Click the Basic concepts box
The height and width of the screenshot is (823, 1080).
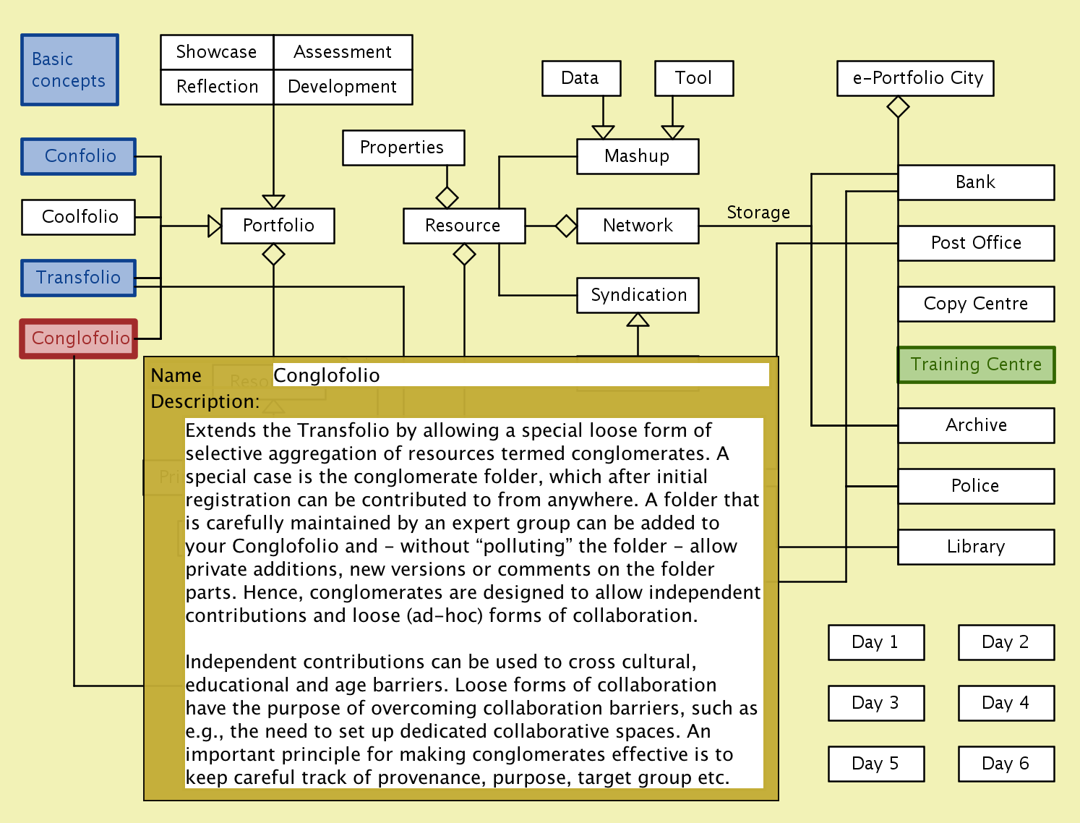(x=69, y=70)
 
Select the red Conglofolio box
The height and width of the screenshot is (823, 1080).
(x=79, y=338)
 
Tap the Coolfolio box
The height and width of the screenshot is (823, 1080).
(x=79, y=217)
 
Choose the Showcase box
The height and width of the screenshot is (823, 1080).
(x=217, y=52)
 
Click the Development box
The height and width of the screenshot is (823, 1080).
(x=343, y=87)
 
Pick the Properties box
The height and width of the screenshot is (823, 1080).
(x=403, y=148)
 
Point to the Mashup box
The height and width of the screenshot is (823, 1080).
(x=638, y=156)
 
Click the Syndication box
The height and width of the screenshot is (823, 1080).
(x=638, y=295)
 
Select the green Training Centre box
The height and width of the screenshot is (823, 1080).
(x=976, y=364)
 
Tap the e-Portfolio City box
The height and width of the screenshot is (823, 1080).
(x=915, y=78)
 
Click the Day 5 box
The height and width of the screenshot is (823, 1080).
(x=876, y=764)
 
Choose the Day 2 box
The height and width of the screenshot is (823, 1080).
(x=1006, y=642)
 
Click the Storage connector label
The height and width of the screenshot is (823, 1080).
(x=758, y=213)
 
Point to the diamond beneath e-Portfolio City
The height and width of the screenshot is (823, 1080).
(x=898, y=107)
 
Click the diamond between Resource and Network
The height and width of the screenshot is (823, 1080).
(x=566, y=226)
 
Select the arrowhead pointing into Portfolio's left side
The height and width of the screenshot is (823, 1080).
(x=214, y=226)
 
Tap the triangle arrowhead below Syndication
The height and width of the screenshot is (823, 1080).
(x=638, y=320)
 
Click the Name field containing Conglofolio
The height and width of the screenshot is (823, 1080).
(x=520, y=375)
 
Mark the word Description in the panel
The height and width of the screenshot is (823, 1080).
(x=205, y=401)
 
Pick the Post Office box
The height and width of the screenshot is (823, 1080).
(x=976, y=243)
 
